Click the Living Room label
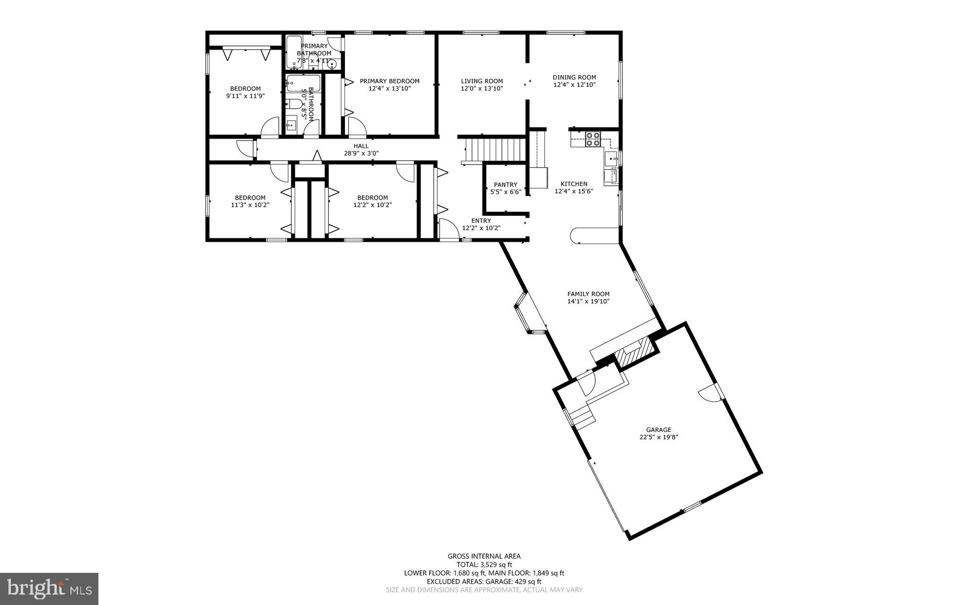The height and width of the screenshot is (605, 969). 482,81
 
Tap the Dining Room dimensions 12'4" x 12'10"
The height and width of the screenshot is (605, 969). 574,85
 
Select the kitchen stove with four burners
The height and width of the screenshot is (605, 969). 593,139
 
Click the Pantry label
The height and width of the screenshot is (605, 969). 505,184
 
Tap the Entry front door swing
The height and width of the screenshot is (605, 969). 447,229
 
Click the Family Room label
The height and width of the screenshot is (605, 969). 588,294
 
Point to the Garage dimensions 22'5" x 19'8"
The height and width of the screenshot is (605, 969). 659,438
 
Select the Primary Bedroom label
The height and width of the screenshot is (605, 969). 389,81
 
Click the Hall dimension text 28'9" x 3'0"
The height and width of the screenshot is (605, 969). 361,153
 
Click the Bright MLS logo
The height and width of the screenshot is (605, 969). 49,588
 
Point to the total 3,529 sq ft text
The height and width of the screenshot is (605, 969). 484,564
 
